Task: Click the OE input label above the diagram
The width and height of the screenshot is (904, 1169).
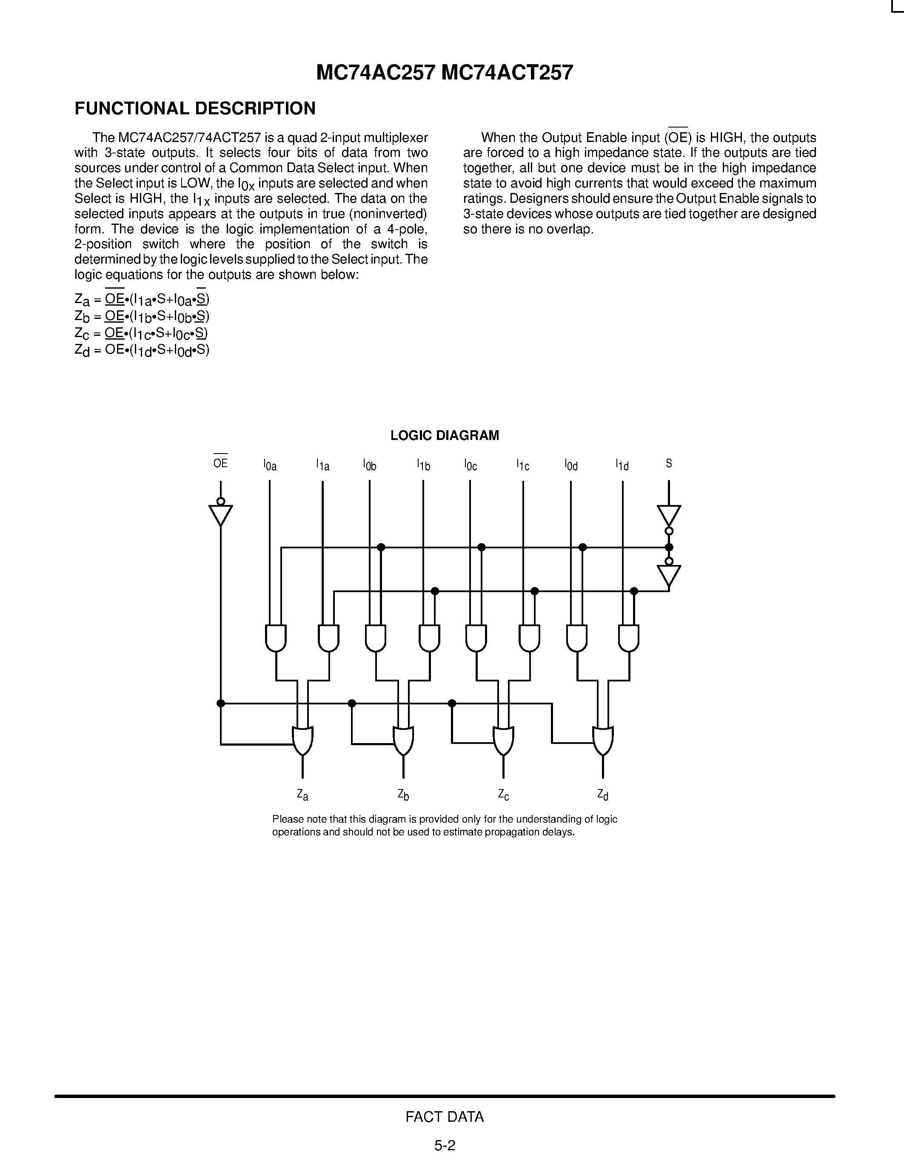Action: click(x=220, y=463)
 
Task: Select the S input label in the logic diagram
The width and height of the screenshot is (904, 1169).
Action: click(x=668, y=463)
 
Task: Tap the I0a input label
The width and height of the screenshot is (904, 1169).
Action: click(x=270, y=465)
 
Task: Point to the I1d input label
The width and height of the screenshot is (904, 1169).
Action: click(x=622, y=465)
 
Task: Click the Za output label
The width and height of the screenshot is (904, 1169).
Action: click(x=302, y=795)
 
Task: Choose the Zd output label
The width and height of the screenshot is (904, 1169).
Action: click(x=603, y=795)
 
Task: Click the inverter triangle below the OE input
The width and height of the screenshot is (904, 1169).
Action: click(x=220, y=514)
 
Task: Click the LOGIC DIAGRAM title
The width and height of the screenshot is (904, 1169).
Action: click(x=445, y=435)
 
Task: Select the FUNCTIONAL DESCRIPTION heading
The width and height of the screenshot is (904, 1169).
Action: click(x=195, y=109)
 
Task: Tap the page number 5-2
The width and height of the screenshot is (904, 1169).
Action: click(x=445, y=1146)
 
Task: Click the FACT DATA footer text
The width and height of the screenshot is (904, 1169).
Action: click(x=445, y=1117)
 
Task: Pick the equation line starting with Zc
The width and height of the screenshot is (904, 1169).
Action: click(x=141, y=333)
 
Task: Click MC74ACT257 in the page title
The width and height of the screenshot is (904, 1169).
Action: click(x=507, y=73)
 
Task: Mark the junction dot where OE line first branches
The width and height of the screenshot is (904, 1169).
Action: click(x=220, y=703)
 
